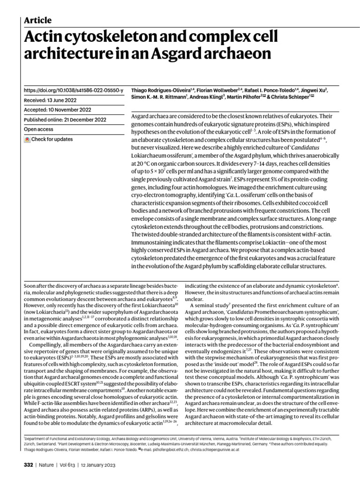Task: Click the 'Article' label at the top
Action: tap(37, 20)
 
